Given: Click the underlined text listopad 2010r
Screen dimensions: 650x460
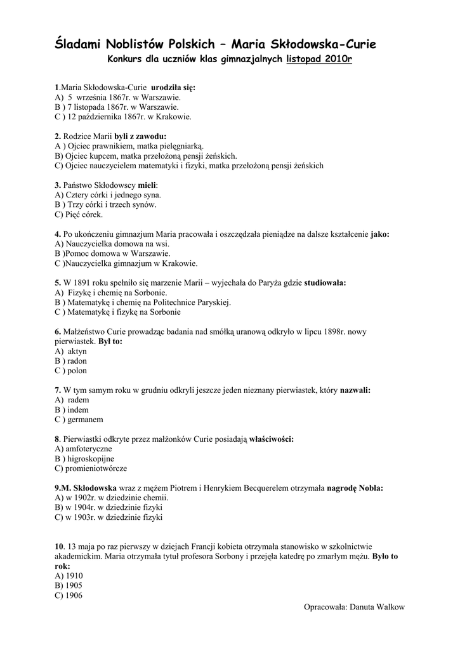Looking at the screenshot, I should pyautogui.click(x=319, y=59).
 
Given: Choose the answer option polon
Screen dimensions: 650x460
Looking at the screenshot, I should pyautogui.click(x=77, y=371).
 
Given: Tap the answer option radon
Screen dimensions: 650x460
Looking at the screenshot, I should pyautogui.click(x=77, y=361).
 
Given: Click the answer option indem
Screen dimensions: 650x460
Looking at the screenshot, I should pyautogui.click(x=78, y=409).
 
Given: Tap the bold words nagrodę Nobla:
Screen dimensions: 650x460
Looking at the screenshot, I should pyautogui.click(x=355, y=488).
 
